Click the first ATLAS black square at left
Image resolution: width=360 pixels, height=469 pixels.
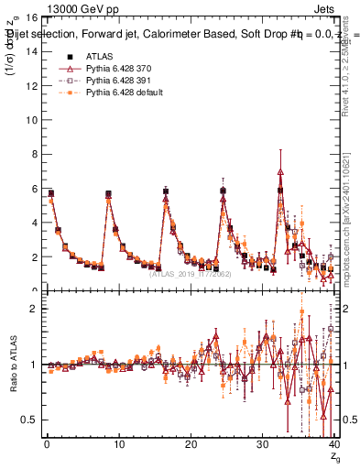(50, 193)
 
